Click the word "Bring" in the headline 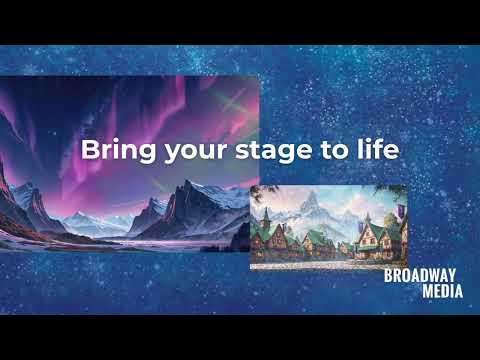tap(110, 150)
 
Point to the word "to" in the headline tap(314, 150)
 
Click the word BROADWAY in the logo tap(420, 276)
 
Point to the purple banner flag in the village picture tap(399, 211)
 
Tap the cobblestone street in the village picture tap(320, 262)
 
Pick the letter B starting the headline tap(88, 150)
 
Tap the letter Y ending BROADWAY tap(450, 276)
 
